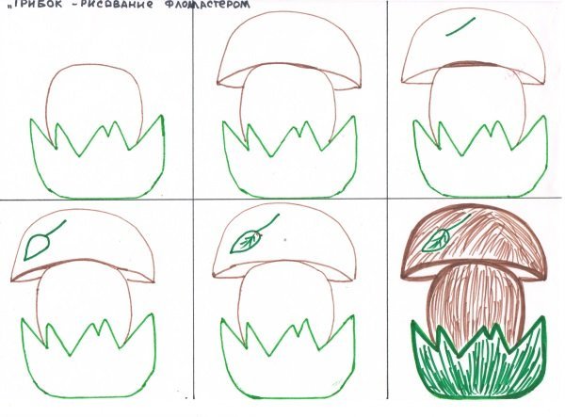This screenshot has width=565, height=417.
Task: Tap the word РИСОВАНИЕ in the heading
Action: point(119,4)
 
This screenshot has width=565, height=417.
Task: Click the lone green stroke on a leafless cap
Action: point(460,26)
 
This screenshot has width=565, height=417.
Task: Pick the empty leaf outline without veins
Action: point(37,246)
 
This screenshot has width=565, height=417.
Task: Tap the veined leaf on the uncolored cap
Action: point(246,241)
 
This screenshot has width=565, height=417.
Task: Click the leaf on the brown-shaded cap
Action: point(436,239)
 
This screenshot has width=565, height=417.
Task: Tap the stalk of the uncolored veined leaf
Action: point(268,223)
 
